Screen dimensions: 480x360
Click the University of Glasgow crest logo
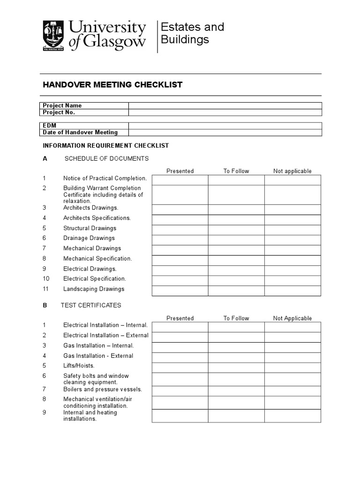[x=53, y=35]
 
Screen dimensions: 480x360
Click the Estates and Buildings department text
[x=192, y=33]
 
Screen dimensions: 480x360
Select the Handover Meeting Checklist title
[x=112, y=85]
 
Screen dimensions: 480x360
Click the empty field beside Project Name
[x=225, y=105]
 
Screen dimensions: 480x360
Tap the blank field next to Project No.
[x=225, y=112]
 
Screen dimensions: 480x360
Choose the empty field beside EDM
[x=225, y=126]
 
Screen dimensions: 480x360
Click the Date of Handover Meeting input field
[x=225, y=133]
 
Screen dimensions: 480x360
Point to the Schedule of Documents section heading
[x=106, y=158]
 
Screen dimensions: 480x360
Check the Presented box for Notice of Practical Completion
[x=180, y=180]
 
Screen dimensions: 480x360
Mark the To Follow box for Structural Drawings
[x=236, y=230]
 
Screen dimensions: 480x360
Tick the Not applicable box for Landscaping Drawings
[x=292, y=291]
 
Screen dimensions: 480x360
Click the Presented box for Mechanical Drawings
[x=180, y=250]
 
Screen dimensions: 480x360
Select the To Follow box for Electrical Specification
[x=236, y=280]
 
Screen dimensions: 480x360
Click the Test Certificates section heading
[x=91, y=305]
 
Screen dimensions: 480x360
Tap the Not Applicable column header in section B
[x=292, y=318]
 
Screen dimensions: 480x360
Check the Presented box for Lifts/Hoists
[x=180, y=367]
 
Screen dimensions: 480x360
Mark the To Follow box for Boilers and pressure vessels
[x=236, y=390]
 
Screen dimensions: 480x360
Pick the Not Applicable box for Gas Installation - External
[x=292, y=357]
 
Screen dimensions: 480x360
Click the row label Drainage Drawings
[x=89, y=238]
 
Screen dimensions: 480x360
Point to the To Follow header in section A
[x=236, y=171]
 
